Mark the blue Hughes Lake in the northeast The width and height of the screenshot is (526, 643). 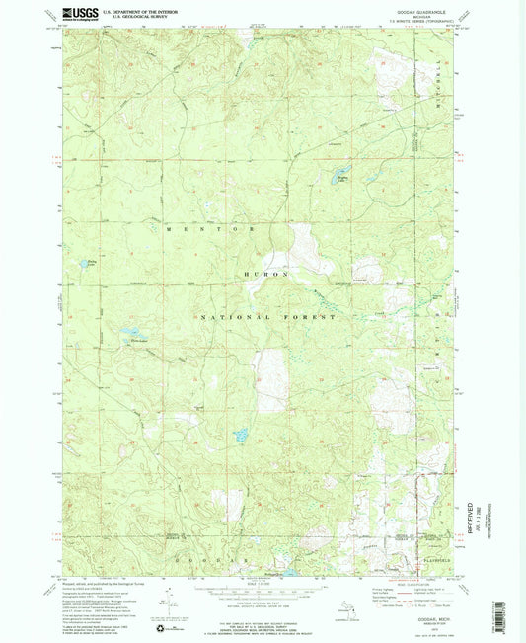343,180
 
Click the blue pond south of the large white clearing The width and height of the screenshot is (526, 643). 239,434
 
